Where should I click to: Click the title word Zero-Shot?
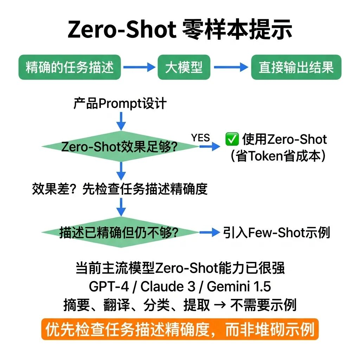tap(122, 30)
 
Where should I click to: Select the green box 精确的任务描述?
tap(70, 67)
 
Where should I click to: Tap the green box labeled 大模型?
tap(184, 67)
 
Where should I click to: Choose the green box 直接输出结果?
tap(296, 67)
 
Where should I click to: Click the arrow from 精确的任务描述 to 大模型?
tap(139, 67)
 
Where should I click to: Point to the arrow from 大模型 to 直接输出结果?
tap(231, 67)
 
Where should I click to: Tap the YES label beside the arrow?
tap(200, 138)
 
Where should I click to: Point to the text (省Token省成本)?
tap(277, 156)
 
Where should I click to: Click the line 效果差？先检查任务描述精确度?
tap(120, 189)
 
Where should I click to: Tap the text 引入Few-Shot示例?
tap(276, 232)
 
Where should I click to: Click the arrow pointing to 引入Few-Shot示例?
tap(210, 232)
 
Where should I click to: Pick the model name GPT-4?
tap(105, 287)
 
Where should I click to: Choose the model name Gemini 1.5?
tap(239, 287)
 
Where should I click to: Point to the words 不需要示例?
tap(263, 305)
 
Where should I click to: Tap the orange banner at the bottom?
tap(180, 329)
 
